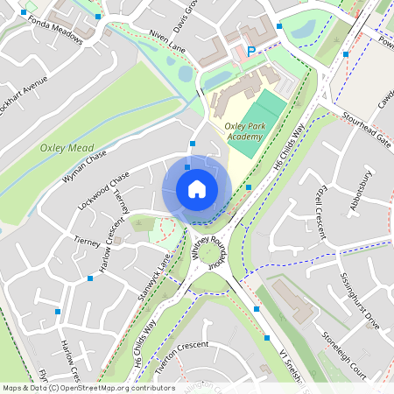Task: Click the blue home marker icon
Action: [x=197, y=189]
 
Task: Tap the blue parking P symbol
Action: [x=251, y=53]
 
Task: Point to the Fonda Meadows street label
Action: [x=56, y=32]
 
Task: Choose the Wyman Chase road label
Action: [x=84, y=166]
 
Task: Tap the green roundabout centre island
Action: [x=212, y=255]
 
